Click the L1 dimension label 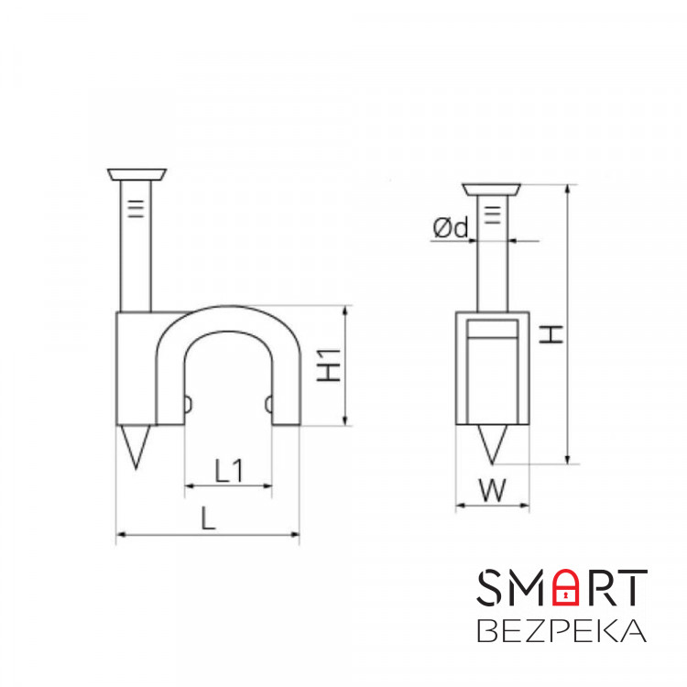point(228,471)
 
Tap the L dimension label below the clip point(208,519)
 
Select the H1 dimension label point(332,365)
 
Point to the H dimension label point(551,332)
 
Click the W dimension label point(493,491)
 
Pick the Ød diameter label point(451,228)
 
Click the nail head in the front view point(136,174)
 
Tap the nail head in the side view point(492,190)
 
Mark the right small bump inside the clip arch point(268,405)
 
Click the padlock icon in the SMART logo point(567,588)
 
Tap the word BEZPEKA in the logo point(562,632)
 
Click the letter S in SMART point(491,588)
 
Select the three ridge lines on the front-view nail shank point(136,210)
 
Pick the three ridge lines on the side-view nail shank point(492,216)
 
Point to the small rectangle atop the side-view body point(492,331)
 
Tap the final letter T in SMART point(631,588)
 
